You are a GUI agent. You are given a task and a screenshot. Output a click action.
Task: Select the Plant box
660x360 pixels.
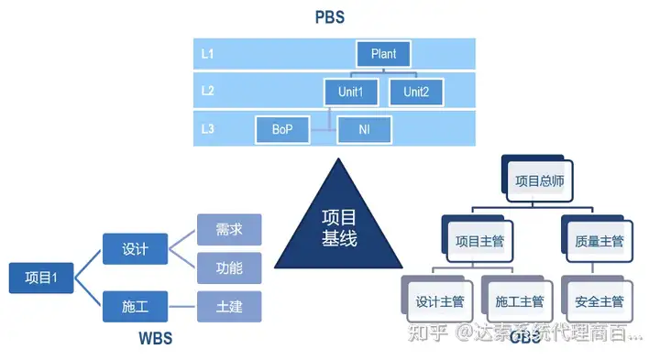383,54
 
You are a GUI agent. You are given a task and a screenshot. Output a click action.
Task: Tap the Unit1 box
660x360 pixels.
350,92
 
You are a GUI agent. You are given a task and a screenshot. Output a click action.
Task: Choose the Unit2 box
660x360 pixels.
416,92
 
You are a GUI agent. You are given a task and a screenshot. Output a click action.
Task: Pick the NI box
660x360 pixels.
364,129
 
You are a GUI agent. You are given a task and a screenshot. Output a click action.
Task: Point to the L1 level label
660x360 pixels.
208,54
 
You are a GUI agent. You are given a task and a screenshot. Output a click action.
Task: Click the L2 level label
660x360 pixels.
208,92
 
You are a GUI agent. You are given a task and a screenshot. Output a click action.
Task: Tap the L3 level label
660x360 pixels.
208,129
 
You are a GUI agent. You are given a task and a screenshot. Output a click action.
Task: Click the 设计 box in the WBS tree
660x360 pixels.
135,248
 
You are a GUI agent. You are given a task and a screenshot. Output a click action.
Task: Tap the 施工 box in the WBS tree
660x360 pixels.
135,305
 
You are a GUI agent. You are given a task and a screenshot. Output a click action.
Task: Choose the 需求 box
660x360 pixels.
229,229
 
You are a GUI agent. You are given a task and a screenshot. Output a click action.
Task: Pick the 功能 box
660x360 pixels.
229,267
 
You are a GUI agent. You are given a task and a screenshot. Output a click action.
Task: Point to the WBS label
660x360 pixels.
155,340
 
